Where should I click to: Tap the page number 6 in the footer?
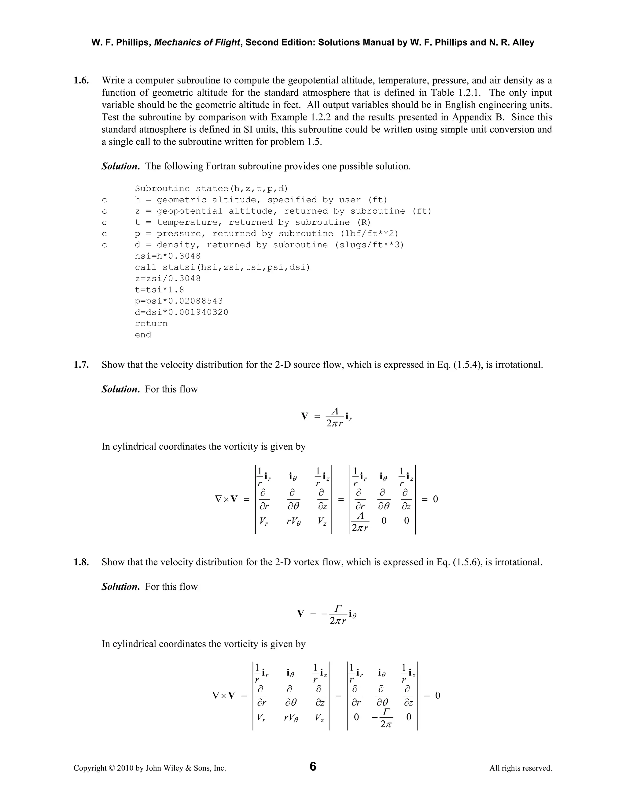coord(313,766)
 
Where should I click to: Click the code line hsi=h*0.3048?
coord(168,256)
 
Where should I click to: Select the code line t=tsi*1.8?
coord(160,290)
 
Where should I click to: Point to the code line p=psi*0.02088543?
coord(179,301)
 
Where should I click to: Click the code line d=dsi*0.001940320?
coord(181,312)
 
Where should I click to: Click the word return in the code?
coord(151,323)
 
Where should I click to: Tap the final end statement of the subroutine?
coord(143,335)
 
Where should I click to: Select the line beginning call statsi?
coord(222,267)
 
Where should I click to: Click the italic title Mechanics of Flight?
coord(197,43)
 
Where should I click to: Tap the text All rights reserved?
coord(520,768)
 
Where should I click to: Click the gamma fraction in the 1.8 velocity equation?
coord(337,614)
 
